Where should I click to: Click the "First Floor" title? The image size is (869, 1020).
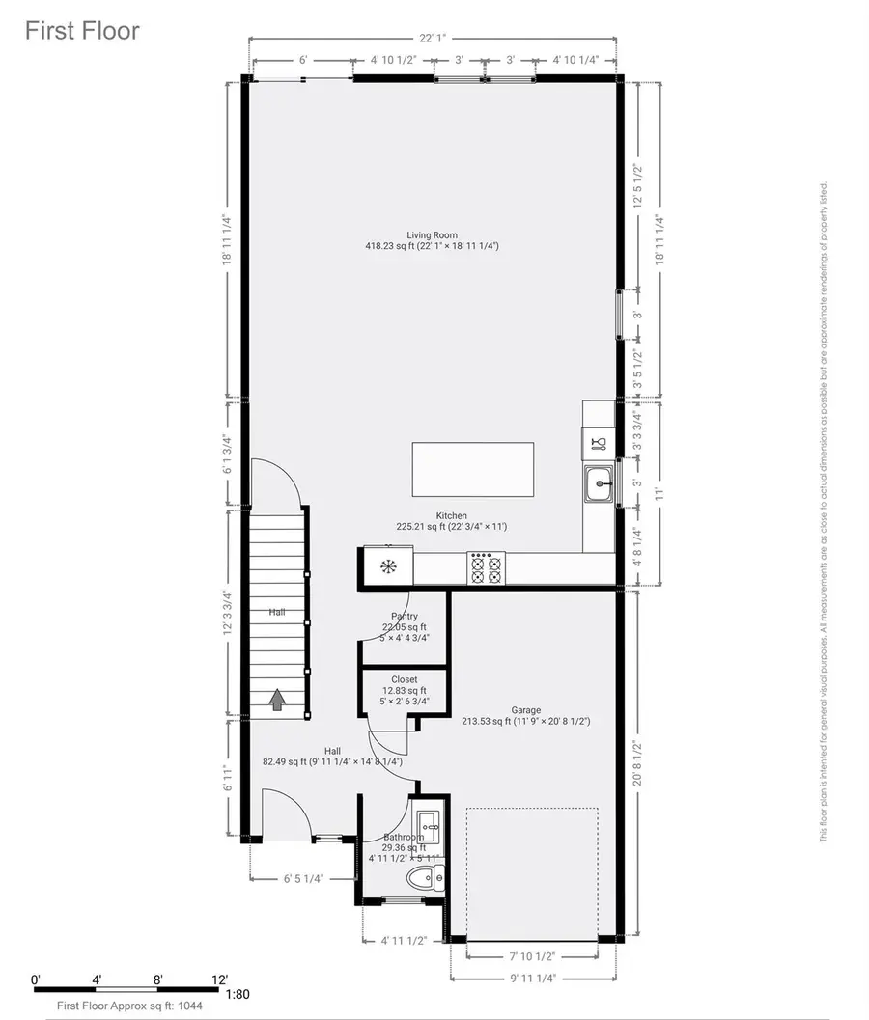[x=82, y=31]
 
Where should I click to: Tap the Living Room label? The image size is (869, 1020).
[x=432, y=234]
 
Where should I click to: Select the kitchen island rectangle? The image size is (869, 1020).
[x=473, y=470]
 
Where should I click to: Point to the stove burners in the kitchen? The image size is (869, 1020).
[x=487, y=567]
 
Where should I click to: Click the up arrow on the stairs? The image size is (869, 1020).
[x=277, y=699]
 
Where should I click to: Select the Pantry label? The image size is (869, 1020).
[x=404, y=616]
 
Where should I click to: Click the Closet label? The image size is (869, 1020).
[x=404, y=679]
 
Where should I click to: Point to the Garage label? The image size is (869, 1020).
[x=526, y=710]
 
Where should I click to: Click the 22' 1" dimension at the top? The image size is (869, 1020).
[x=432, y=40]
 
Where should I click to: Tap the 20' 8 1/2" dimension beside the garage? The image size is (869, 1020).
[x=637, y=763]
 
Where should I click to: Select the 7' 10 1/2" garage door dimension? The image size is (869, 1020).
[x=531, y=956]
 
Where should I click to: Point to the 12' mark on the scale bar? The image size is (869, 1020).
[x=219, y=979]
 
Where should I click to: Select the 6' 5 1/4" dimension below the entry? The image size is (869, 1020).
[x=303, y=879]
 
